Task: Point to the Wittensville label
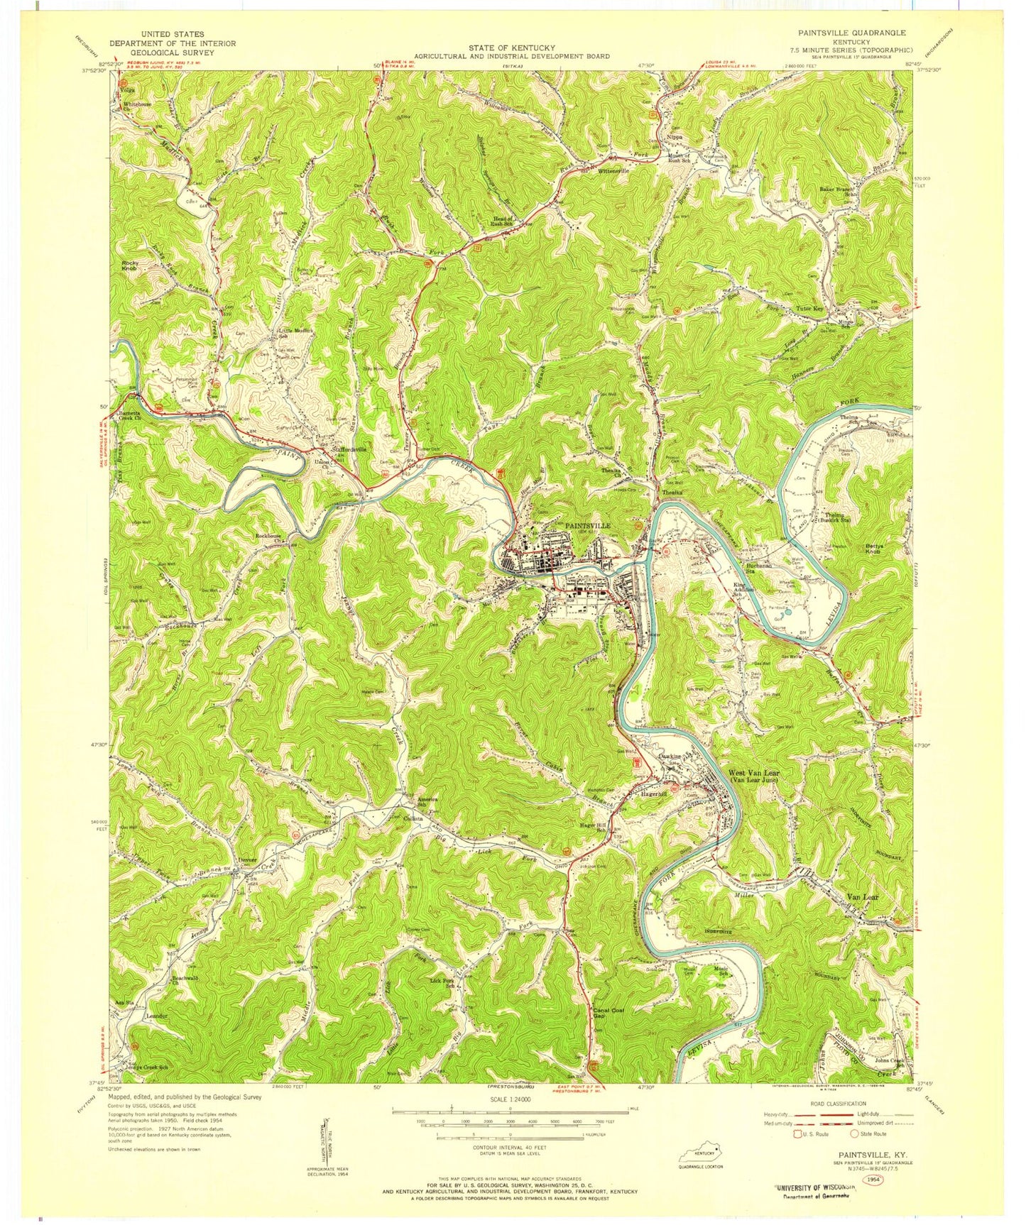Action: point(613,171)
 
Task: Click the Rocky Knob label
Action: point(130,265)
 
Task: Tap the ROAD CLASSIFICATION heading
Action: point(836,1104)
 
